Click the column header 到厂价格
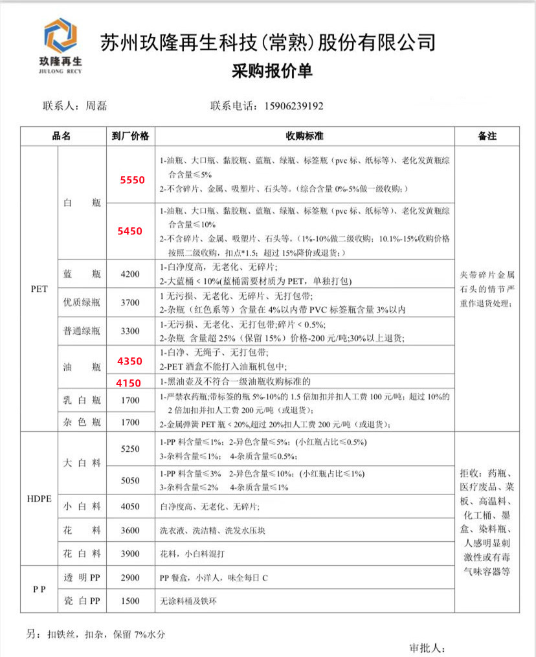130,136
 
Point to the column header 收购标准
304,136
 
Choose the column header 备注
487,136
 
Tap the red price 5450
129,230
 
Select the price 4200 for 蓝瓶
130,274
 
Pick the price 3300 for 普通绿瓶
130,331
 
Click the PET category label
39,289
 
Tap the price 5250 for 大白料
130,449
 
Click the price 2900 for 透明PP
130,577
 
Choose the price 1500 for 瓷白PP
130,601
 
